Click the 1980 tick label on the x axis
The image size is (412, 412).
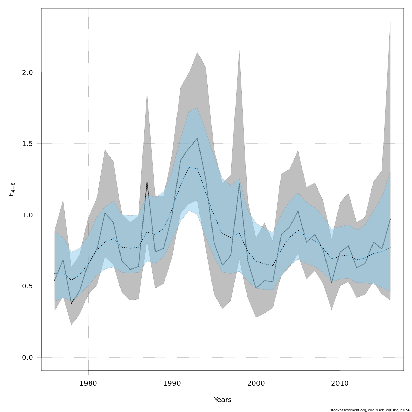(88, 383)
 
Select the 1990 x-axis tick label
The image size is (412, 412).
(172, 383)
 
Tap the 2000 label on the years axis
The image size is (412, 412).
(256, 383)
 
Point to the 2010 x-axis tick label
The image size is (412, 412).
(340, 383)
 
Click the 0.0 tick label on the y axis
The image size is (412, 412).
(27, 357)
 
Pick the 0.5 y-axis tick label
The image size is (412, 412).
(27, 286)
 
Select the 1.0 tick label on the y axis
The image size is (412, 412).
(27, 215)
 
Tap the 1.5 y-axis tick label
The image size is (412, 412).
(27, 144)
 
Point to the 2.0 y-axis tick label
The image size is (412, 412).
(27, 72)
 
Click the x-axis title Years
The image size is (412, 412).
(222, 400)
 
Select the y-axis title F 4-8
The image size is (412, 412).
(11, 190)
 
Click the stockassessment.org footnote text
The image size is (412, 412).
(370, 410)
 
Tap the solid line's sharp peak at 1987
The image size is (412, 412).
(147, 182)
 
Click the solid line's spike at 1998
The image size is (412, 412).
(239, 183)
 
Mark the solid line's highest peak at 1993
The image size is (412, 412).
(197, 138)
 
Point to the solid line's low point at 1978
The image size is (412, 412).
(71, 303)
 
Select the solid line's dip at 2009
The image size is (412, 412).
(331, 282)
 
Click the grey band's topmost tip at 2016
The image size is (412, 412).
(390, 22)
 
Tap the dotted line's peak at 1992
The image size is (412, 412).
(189, 168)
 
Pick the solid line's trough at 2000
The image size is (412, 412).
(256, 288)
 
